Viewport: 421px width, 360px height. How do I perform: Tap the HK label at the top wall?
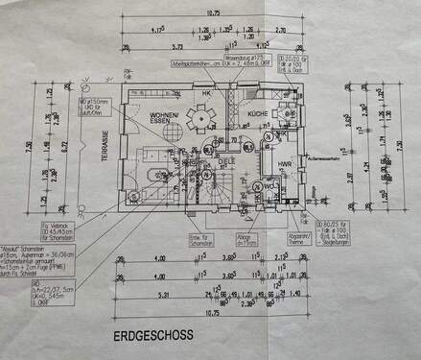point(204,93)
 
